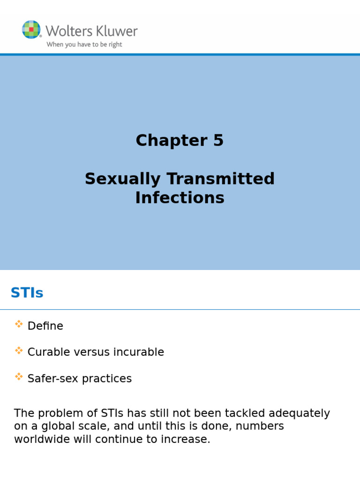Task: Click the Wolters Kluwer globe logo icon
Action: pyautogui.click(x=31, y=30)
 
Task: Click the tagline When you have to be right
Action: pyautogui.click(x=84, y=45)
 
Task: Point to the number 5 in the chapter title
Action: pyautogui.click(x=218, y=140)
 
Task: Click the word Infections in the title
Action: pyautogui.click(x=180, y=198)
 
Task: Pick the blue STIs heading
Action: pyautogui.click(x=27, y=293)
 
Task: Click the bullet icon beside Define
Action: pyautogui.click(x=19, y=323)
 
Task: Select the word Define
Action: pyautogui.click(x=45, y=326)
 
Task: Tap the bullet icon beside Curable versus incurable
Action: pyautogui.click(x=19, y=350)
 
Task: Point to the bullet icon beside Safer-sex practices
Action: pyautogui.click(x=19, y=376)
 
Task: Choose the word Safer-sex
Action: pyautogui.click(x=53, y=378)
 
